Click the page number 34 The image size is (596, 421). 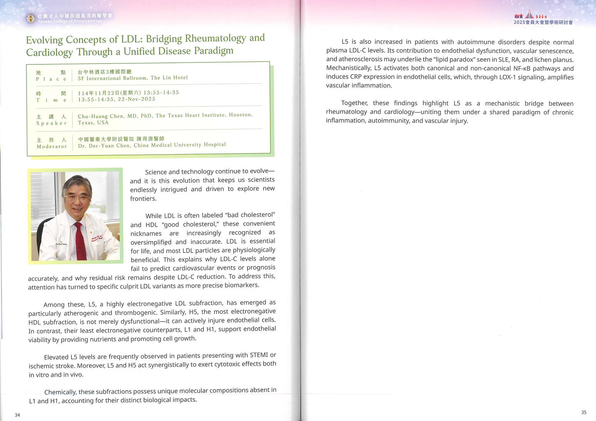coord(17,415)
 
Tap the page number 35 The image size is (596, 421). coord(584,412)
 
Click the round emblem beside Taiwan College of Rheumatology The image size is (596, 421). coord(30,18)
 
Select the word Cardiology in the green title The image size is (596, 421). coord(50,52)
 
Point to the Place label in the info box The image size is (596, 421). coord(51,79)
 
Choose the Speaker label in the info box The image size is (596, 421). coord(52,123)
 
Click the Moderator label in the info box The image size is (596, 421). coord(52,147)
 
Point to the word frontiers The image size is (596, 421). coord(143,199)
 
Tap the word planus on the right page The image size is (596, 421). coord(563,59)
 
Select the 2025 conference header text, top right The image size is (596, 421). coord(543,22)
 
